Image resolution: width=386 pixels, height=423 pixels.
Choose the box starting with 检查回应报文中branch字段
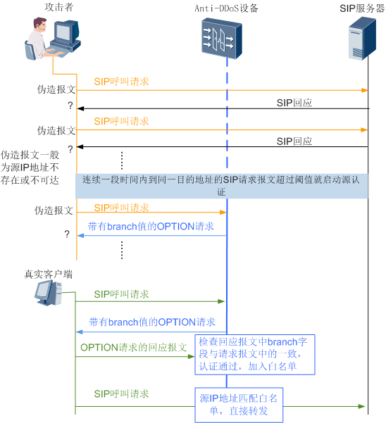pyautogui.click(x=255, y=355)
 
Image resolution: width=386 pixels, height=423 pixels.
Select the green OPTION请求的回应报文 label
pyautogui.click(x=133, y=348)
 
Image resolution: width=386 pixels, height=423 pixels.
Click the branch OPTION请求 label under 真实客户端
pyautogui.click(x=151, y=322)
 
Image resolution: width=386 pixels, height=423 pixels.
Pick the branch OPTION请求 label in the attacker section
pyautogui.click(x=151, y=227)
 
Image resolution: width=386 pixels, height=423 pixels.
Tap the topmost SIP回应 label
pyautogui.click(x=294, y=103)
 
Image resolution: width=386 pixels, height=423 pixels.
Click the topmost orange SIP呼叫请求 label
pyautogui.click(x=121, y=82)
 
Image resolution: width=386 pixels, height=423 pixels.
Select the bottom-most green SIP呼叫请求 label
pyautogui.click(x=121, y=393)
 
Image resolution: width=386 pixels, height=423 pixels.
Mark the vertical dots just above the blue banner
pyautogui.click(x=121, y=160)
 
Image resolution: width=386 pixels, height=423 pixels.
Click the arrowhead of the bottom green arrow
pyautogui.click(x=363, y=405)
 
